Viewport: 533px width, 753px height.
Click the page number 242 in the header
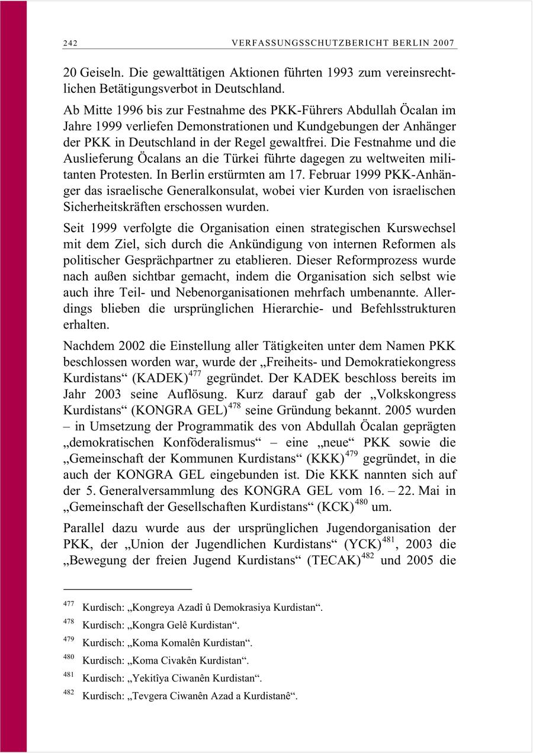(x=70, y=43)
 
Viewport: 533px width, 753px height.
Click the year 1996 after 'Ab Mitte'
(x=123, y=111)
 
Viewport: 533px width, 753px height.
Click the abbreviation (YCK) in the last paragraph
(x=362, y=545)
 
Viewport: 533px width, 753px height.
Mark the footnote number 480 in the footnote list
(x=68, y=657)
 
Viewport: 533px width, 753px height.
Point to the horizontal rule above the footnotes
(x=127, y=589)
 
